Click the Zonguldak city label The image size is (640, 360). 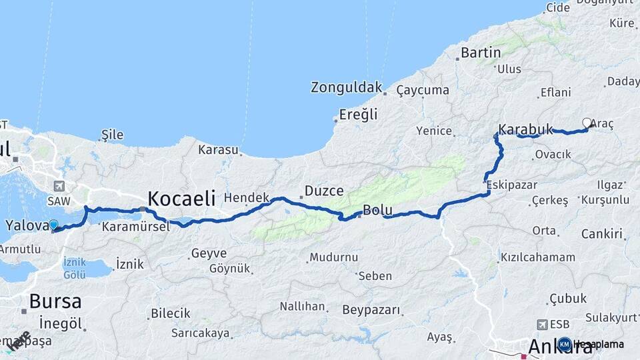pos(347,87)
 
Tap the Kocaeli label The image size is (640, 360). pos(181,198)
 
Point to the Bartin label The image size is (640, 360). pos(481,52)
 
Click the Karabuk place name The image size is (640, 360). pos(526,129)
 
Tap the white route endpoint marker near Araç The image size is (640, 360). pos(587,123)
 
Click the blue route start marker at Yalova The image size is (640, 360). pos(53,226)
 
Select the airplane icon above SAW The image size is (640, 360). pos(61,186)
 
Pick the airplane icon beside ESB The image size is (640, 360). pos(542,324)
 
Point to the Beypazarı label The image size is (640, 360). pos(371,310)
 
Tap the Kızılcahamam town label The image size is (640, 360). pos(537,257)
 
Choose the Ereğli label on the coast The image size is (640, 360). pos(358,114)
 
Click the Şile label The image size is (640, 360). pos(112,135)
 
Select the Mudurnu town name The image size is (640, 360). pos(333,257)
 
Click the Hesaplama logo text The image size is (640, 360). pos(598,345)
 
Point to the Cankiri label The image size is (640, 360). pos(602,234)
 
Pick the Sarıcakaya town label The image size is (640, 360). pos(200,333)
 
